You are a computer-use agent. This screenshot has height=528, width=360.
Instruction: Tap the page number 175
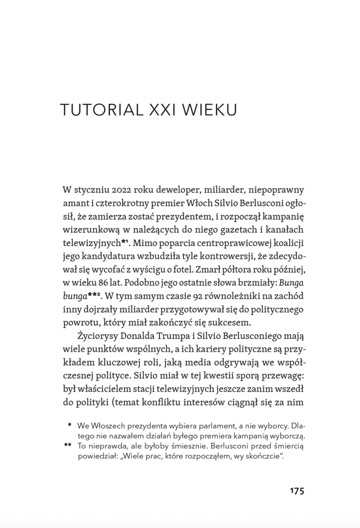(297, 490)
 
